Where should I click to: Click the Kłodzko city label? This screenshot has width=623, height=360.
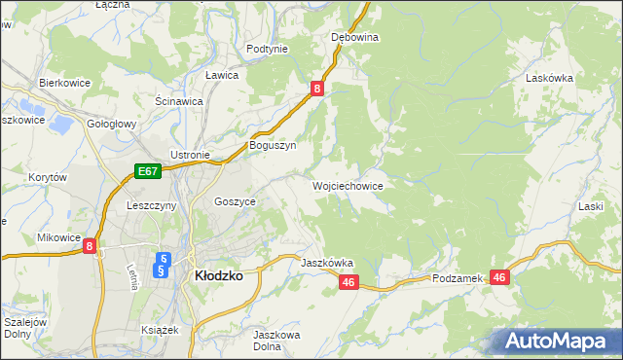point(219,275)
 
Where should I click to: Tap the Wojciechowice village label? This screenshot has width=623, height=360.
point(347,185)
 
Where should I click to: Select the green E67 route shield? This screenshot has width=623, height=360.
point(147,172)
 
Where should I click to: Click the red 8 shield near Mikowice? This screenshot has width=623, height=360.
point(90,247)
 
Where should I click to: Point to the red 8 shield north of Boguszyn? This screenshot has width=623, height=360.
point(317,89)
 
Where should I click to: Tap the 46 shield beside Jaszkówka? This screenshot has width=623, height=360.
point(350,282)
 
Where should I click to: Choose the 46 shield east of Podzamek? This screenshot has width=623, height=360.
point(500,277)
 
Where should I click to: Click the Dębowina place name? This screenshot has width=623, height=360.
point(354,37)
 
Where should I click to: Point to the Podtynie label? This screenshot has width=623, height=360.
point(267,49)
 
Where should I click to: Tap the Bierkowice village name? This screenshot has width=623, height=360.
point(64,83)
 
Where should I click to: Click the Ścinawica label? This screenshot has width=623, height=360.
point(178,100)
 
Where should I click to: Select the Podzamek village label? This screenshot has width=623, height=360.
point(458,278)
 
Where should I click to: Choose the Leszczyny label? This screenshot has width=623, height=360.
point(151,206)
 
